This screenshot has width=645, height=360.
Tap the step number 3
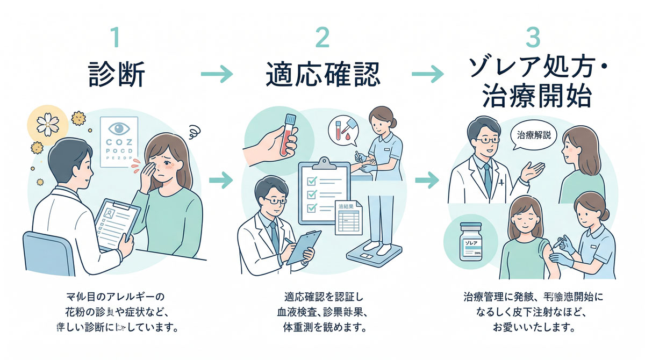(531, 38)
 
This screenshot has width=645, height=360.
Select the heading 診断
(117, 75)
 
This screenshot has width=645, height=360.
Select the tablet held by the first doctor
(114, 220)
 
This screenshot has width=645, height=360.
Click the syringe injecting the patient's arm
(560, 243)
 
